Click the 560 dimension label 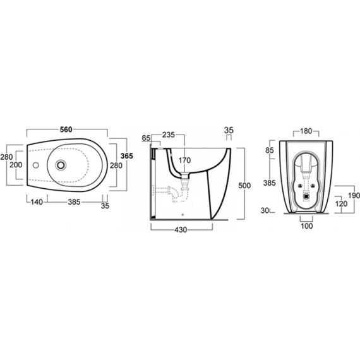pos(66,129)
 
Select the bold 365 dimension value pos(127,156)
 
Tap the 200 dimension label pos(16,165)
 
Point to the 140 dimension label pos(37,202)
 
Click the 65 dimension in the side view pos(146,138)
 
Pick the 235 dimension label pos(169,135)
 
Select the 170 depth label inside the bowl pos(184,160)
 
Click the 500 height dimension pos(244,185)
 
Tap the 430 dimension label pos(181,230)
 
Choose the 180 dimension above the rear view pos(306,131)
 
